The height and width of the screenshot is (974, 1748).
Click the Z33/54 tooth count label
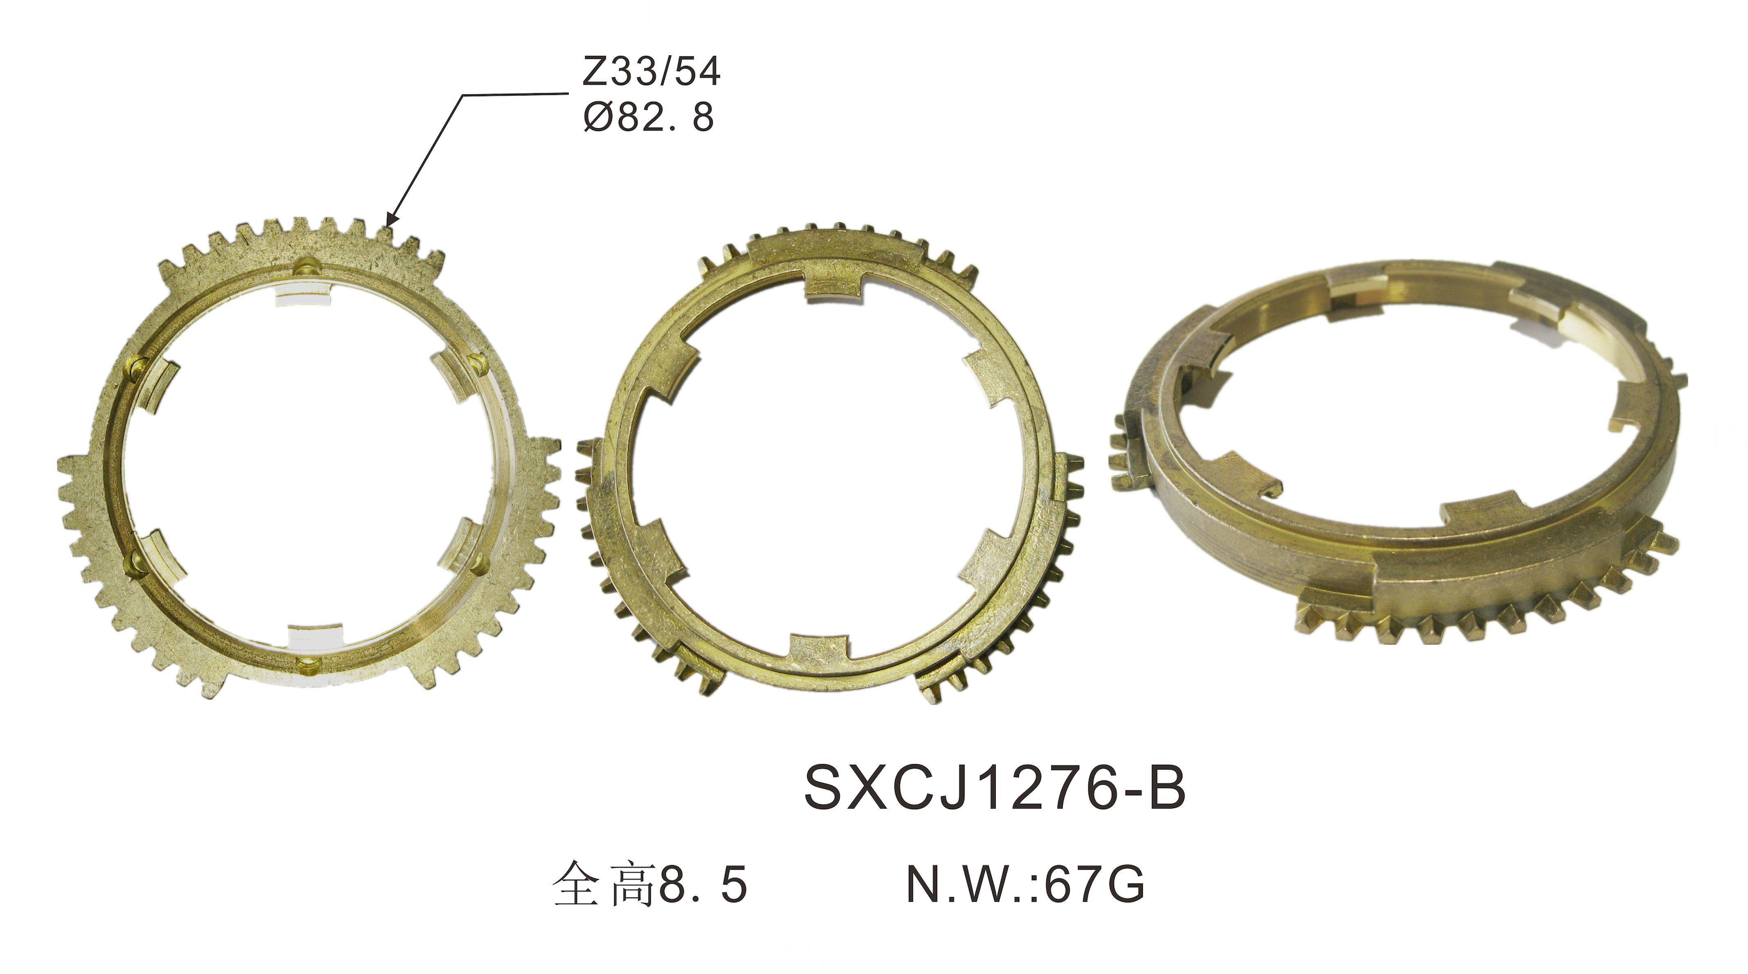pyautogui.click(x=651, y=71)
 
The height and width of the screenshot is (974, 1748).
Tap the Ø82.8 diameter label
pyautogui.click(x=648, y=116)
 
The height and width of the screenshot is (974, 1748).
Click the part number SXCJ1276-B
pyautogui.click(x=995, y=788)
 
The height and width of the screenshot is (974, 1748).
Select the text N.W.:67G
pyautogui.click(x=1026, y=884)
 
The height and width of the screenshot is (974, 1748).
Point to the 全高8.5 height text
pyautogui.click(x=650, y=884)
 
